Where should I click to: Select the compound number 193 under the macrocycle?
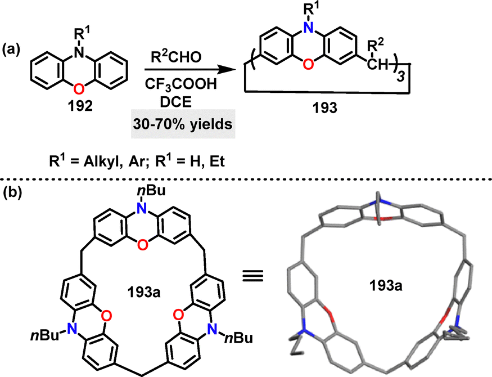pos(325,108)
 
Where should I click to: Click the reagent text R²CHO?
pos(177,56)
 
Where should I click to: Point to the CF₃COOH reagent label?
pos(180,84)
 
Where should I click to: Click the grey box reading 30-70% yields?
pos(183,124)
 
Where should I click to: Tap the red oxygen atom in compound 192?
pos(79,89)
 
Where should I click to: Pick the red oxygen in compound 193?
pos(308,64)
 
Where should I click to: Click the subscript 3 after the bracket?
pos(399,77)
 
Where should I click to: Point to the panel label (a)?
pos(11,50)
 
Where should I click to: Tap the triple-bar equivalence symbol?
pos(252,276)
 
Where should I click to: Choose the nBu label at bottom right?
pos(238,338)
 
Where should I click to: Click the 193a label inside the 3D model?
pos(386,286)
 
